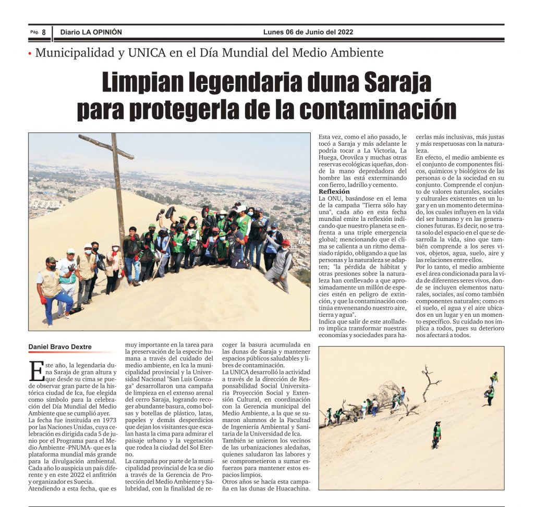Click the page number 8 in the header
[x=44, y=32]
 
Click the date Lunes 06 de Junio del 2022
[x=308, y=32]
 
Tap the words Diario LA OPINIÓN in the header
[x=91, y=32]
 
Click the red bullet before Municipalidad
[x=30, y=53]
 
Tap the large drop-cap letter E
[x=36, y=370]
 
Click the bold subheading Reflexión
[x=334, y=192]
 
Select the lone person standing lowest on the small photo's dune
[x=436, y=435]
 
